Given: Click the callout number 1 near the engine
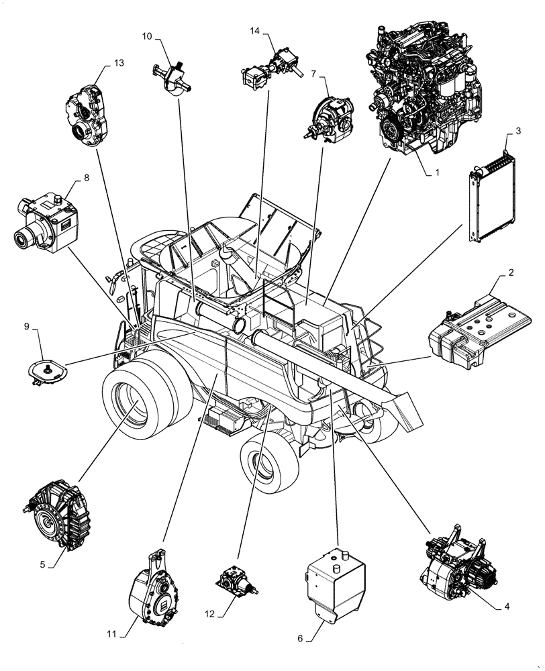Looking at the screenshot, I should (436, 172).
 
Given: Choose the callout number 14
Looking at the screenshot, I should (254, 31).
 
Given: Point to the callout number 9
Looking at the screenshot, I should (27, 326).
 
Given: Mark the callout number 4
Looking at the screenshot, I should (507, 607).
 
